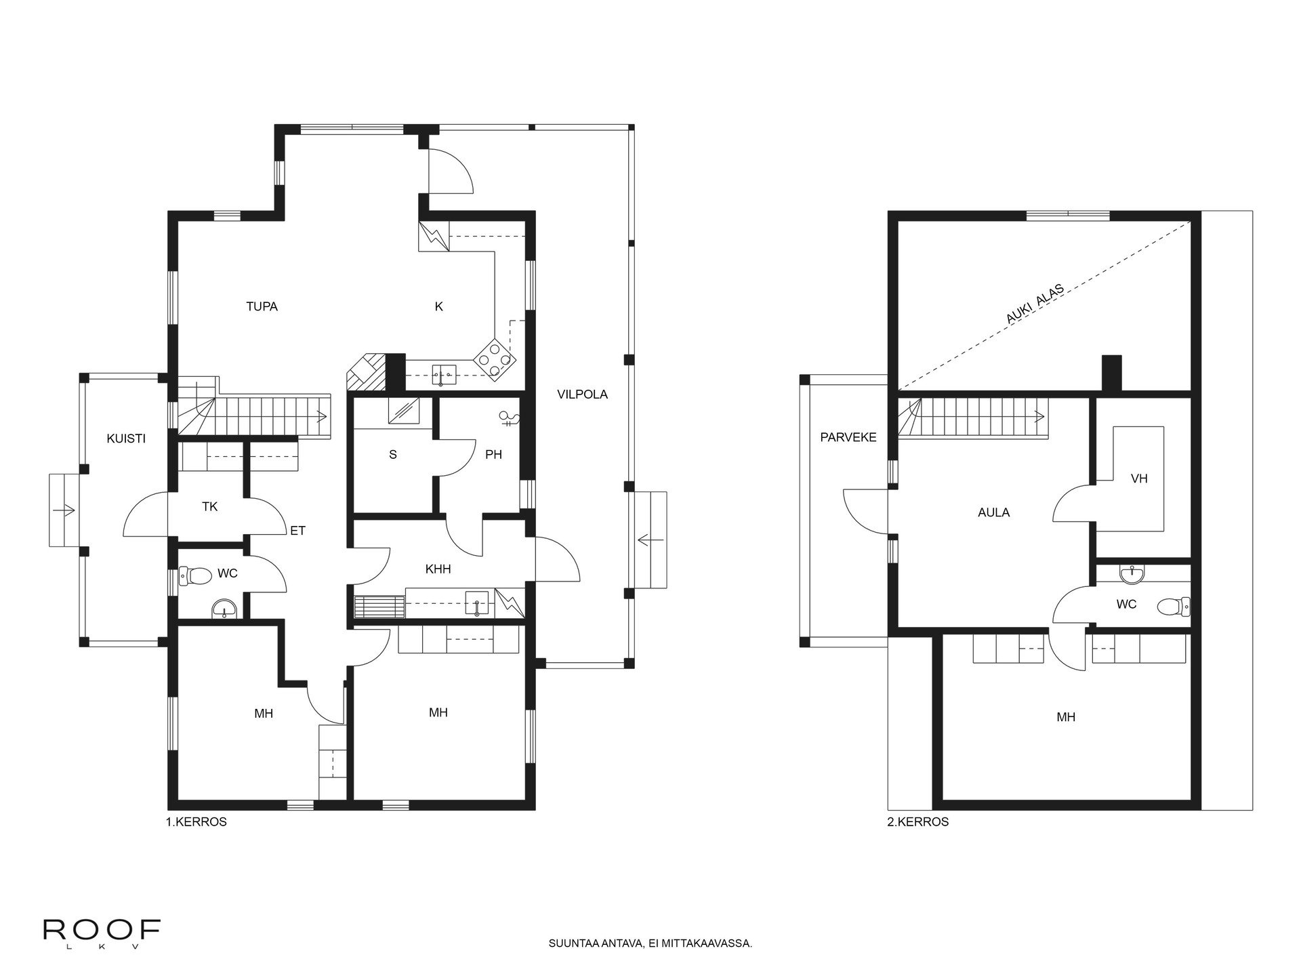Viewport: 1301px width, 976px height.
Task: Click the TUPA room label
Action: [x=262, y=306]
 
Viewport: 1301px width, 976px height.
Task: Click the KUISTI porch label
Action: [x=126, y=439]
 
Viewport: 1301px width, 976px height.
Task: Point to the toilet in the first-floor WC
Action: [x=196, y=577]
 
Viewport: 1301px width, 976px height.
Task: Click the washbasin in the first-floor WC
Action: [x=224, y=609]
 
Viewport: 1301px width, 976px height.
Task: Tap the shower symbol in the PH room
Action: [x=508, y=418]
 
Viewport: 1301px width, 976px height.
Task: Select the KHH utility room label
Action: [x=438, y=569]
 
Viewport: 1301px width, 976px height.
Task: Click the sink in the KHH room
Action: [x=477, y=603]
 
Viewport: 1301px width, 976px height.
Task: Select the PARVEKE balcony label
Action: [x=848, y=437]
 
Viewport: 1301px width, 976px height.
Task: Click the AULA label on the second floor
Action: [x=994, y=512]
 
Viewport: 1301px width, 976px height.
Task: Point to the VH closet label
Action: [x=1139, y=479]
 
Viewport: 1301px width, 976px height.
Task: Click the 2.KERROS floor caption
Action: [x=918, y=822]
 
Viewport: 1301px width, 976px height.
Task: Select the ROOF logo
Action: [x=102, y=931]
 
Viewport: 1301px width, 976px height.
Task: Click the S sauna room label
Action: [x=392, y=455]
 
